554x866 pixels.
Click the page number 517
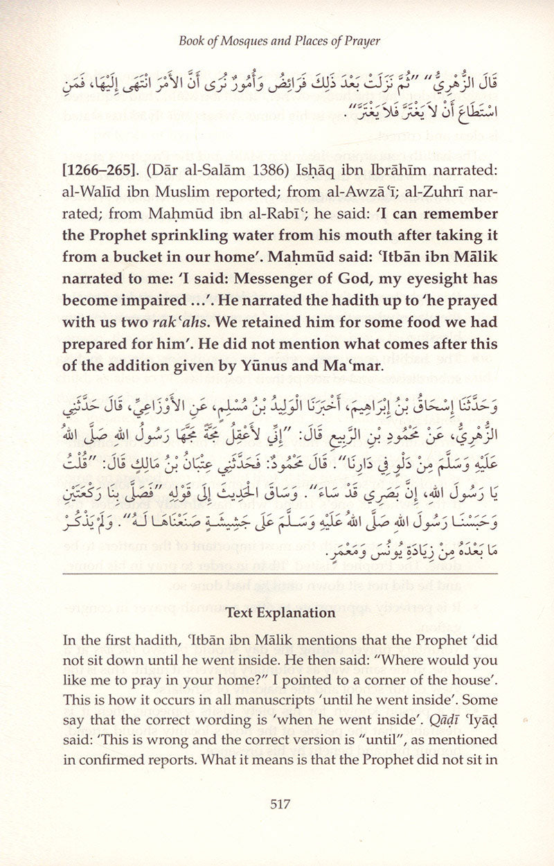click(277, 804)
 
